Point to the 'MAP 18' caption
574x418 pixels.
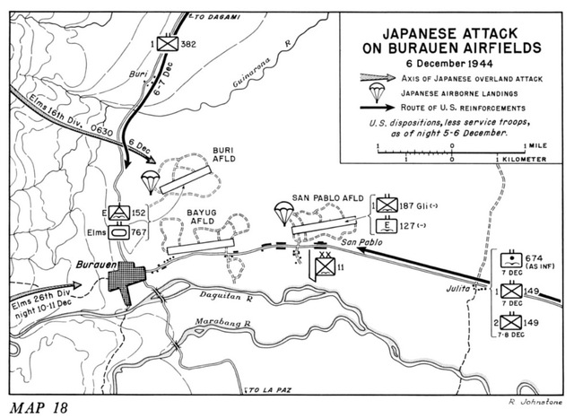(42, 404)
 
